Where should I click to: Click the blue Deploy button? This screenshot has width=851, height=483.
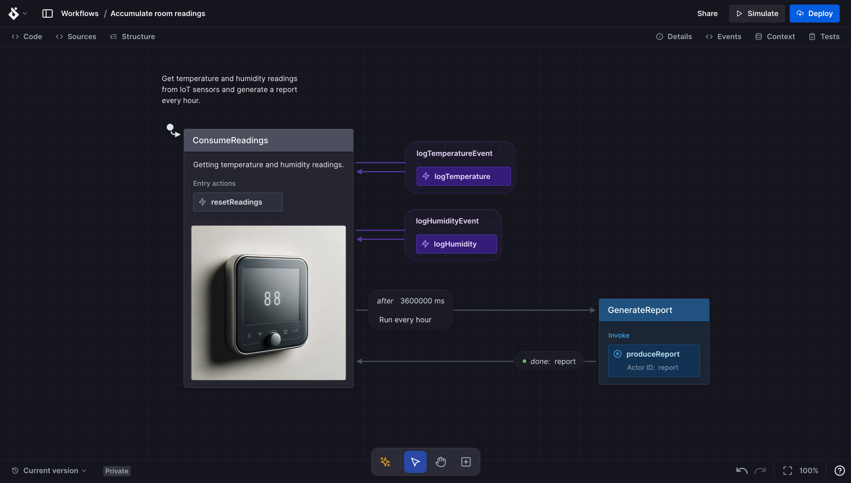click(814, 14)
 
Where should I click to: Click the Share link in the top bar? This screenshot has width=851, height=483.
click(707, 14)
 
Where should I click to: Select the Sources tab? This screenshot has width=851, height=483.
click(76, 37)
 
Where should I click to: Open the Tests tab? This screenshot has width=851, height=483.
click(824, 37)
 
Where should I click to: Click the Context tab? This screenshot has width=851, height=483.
click(775, 37)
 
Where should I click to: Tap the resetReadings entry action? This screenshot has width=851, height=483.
click(238, 202)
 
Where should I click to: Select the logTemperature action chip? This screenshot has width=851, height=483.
click(463, 176)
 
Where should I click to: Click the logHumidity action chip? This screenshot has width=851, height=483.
click(456, 244)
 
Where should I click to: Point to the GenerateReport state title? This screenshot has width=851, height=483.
click(640, 310)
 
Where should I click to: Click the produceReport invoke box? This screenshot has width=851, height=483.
click(654, 360)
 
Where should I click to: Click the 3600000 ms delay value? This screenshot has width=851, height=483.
click(422, 301)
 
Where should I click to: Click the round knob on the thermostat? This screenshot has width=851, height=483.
click(274, 338)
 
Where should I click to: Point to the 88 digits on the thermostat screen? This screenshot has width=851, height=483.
click(272, 298)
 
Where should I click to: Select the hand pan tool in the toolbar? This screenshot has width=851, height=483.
click(440, 462)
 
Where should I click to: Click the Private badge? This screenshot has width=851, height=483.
click(117, 471)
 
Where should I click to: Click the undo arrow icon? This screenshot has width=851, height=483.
click(742, 470)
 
